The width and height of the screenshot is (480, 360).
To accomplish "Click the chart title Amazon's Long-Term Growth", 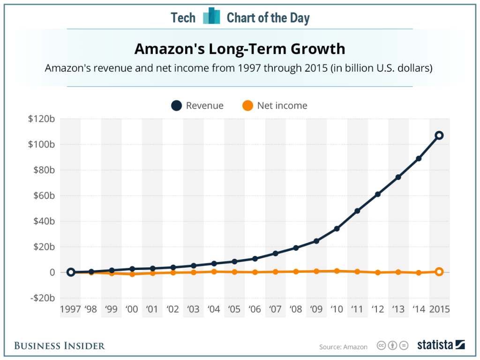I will coord(240,49).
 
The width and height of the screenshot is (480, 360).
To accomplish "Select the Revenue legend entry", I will coord(197,105).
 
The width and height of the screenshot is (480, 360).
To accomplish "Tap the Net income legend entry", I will coord(275,105).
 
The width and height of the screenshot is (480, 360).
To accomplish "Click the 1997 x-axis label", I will coord(70,309).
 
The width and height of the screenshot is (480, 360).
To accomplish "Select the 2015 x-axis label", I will coord(439,309).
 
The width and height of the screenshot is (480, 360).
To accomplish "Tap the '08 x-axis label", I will coord(296,309).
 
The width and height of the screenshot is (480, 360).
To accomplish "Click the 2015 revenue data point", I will coord(439,135).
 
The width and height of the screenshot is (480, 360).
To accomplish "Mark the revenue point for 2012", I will coord(378,194).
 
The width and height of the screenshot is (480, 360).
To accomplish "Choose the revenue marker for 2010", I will coord(337,229).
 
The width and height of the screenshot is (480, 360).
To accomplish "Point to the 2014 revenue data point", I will coord(419,158).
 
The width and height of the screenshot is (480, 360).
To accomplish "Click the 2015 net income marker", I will coord(439,271).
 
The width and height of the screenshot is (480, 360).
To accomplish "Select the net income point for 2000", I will coord(132,274).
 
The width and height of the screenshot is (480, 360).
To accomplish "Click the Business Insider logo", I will coord(60,346).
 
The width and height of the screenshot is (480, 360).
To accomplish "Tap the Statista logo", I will coord(441,345).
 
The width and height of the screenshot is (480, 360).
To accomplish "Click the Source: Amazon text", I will coord(344,347).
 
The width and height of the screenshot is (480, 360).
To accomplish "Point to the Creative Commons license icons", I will coord(392,346).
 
